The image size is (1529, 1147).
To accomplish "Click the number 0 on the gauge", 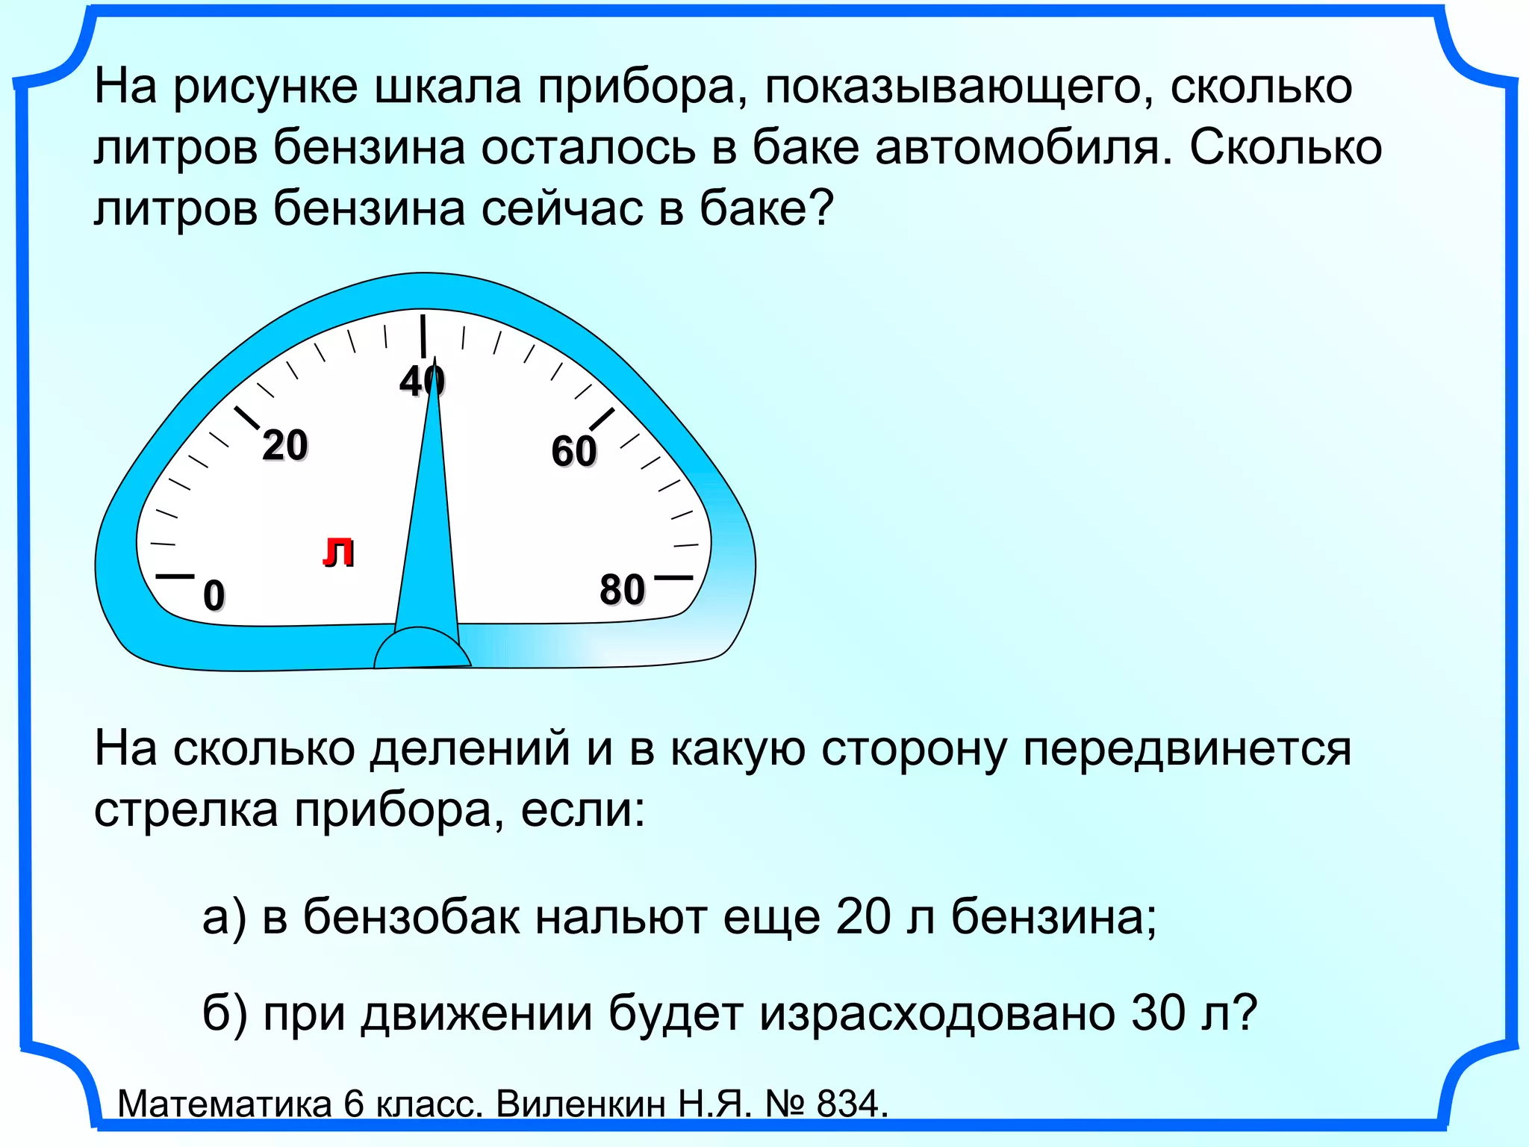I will (214, 595).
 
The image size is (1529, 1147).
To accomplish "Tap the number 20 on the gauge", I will (285, 445).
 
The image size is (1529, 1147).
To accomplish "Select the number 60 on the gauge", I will (574, 451).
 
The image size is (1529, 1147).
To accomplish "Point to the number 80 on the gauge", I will (622, 590).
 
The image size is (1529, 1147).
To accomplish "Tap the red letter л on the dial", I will (338, 553).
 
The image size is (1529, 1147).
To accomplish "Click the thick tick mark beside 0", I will (175, 576).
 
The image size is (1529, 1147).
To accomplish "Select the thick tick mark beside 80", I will (673, 577).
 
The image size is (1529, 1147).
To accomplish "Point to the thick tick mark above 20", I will (247, 419).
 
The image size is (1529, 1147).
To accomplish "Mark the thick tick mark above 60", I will (602, 420).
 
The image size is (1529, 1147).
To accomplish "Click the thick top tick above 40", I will (423, 337).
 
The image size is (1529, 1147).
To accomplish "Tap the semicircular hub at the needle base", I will (423, 650).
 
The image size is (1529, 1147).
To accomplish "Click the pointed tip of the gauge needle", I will (435, 360).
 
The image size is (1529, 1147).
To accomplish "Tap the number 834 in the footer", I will (848, 1103).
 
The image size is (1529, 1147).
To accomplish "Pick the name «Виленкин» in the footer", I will (580, 1103).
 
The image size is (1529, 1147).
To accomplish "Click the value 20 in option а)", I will (864, 916).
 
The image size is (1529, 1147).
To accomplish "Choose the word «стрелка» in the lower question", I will (186, 809).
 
